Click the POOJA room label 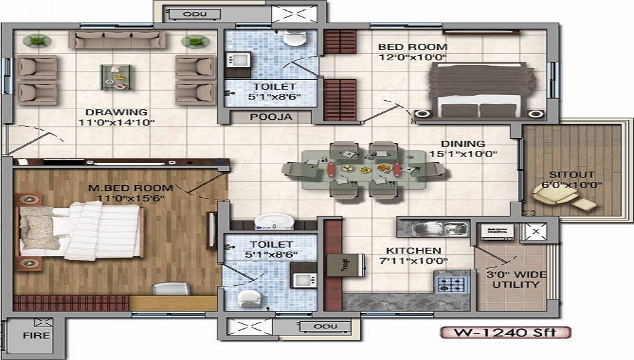click(x=271, y=117)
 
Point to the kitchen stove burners click(x=451, y=285)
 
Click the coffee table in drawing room click(x=117, y=77)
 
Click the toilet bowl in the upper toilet click(x=294, y=38)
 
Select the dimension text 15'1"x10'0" click(x=464, y=154)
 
